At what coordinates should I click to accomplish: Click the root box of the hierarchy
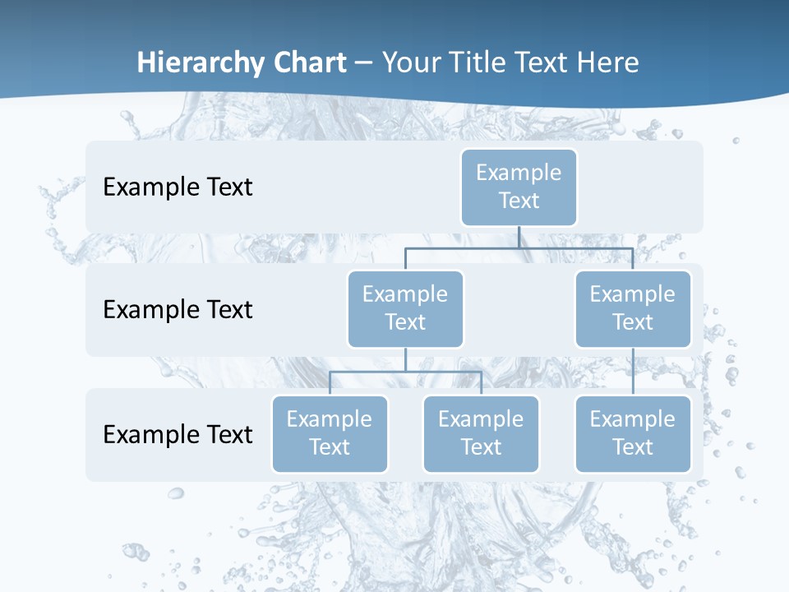519,187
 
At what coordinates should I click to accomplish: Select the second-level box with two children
405,308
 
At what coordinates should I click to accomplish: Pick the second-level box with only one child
633,308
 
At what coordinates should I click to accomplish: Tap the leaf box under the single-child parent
633,433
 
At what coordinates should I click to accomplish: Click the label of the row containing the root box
178,187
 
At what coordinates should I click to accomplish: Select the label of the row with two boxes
178,310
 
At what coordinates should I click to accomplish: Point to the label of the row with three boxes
178,434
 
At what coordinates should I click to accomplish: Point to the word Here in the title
608,62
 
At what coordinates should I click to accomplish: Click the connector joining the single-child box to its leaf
633,371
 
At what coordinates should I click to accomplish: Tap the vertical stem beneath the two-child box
405,359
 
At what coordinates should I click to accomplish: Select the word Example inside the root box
519,173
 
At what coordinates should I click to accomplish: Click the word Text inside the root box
519,201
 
